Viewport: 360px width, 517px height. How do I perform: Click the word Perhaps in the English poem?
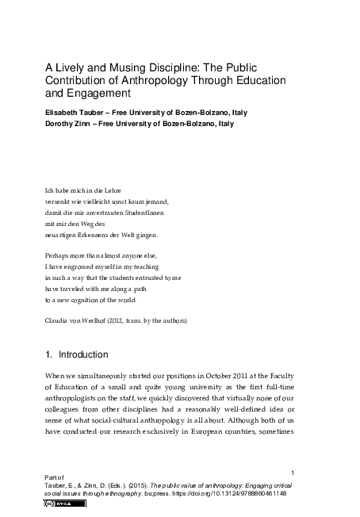coord(59,255)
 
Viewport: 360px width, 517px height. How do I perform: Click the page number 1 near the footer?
coord(293,472)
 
